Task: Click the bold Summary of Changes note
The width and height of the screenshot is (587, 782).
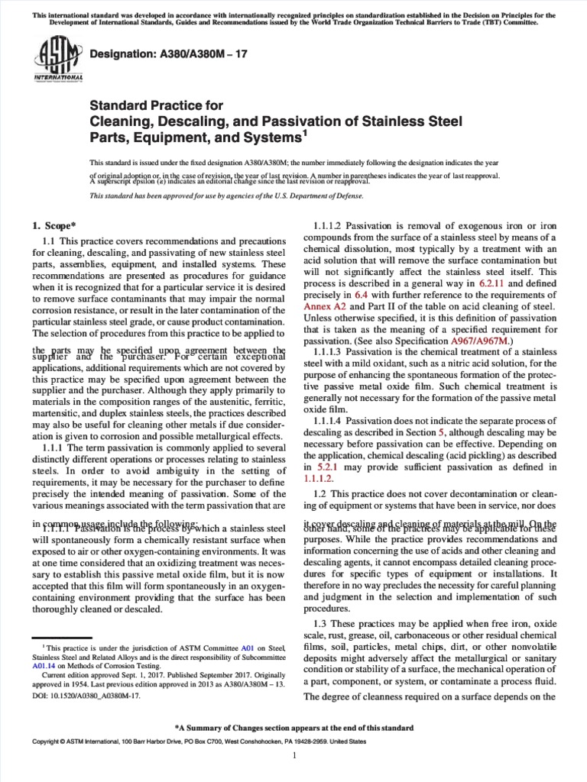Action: [x=293, y=728]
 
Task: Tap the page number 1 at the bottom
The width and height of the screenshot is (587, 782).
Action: [x=294, y=755]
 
